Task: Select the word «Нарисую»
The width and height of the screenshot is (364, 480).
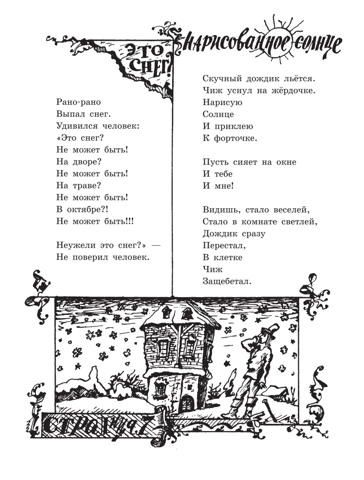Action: tap(223, 103)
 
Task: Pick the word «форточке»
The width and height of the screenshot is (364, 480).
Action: tap(235, 138)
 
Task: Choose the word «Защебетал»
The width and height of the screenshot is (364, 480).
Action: tap(227, 282)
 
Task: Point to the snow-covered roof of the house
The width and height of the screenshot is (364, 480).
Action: tap(180, 315)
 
